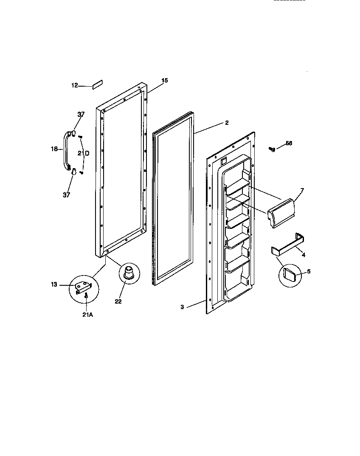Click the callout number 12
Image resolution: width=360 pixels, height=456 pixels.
74,85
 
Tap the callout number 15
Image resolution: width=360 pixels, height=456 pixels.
165,80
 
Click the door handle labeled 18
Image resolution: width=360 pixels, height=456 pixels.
66,151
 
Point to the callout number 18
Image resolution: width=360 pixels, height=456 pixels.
54,149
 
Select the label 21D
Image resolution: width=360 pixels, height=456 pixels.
83,153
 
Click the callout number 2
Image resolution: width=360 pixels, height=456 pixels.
227,123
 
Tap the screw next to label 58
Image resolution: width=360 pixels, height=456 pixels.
272,149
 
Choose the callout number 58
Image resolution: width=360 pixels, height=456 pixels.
289,144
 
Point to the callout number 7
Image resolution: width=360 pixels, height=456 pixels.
302,191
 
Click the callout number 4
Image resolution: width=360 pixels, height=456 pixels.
303,255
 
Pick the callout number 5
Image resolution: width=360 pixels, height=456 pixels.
308,271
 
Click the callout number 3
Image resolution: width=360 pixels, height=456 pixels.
182,307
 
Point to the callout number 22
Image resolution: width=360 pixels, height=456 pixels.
118,301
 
